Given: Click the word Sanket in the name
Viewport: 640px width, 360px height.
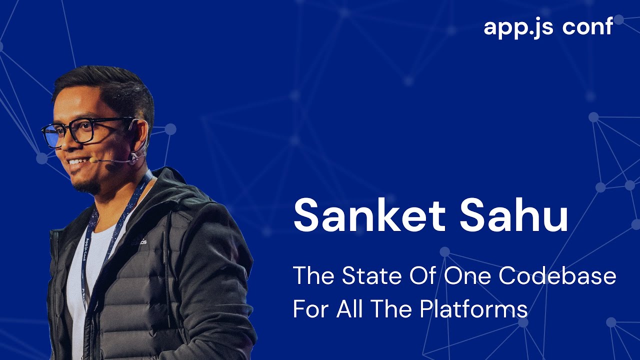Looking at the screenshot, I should pyautogui.click(x=369, y=215).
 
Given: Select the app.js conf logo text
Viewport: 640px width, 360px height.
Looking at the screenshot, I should pyautogui.click(x=548, y=26).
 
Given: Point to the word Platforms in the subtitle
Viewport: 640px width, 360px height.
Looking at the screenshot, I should pyautogui.click(x=473, y=309).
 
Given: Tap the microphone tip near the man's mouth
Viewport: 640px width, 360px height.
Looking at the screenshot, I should pyautogui.click(x=93, y=160).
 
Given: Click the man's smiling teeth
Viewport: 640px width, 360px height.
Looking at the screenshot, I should pyautogui.click(x=76, y=161).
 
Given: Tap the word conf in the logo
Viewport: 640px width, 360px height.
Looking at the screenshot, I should pyautogui.click(x=587, y=26).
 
